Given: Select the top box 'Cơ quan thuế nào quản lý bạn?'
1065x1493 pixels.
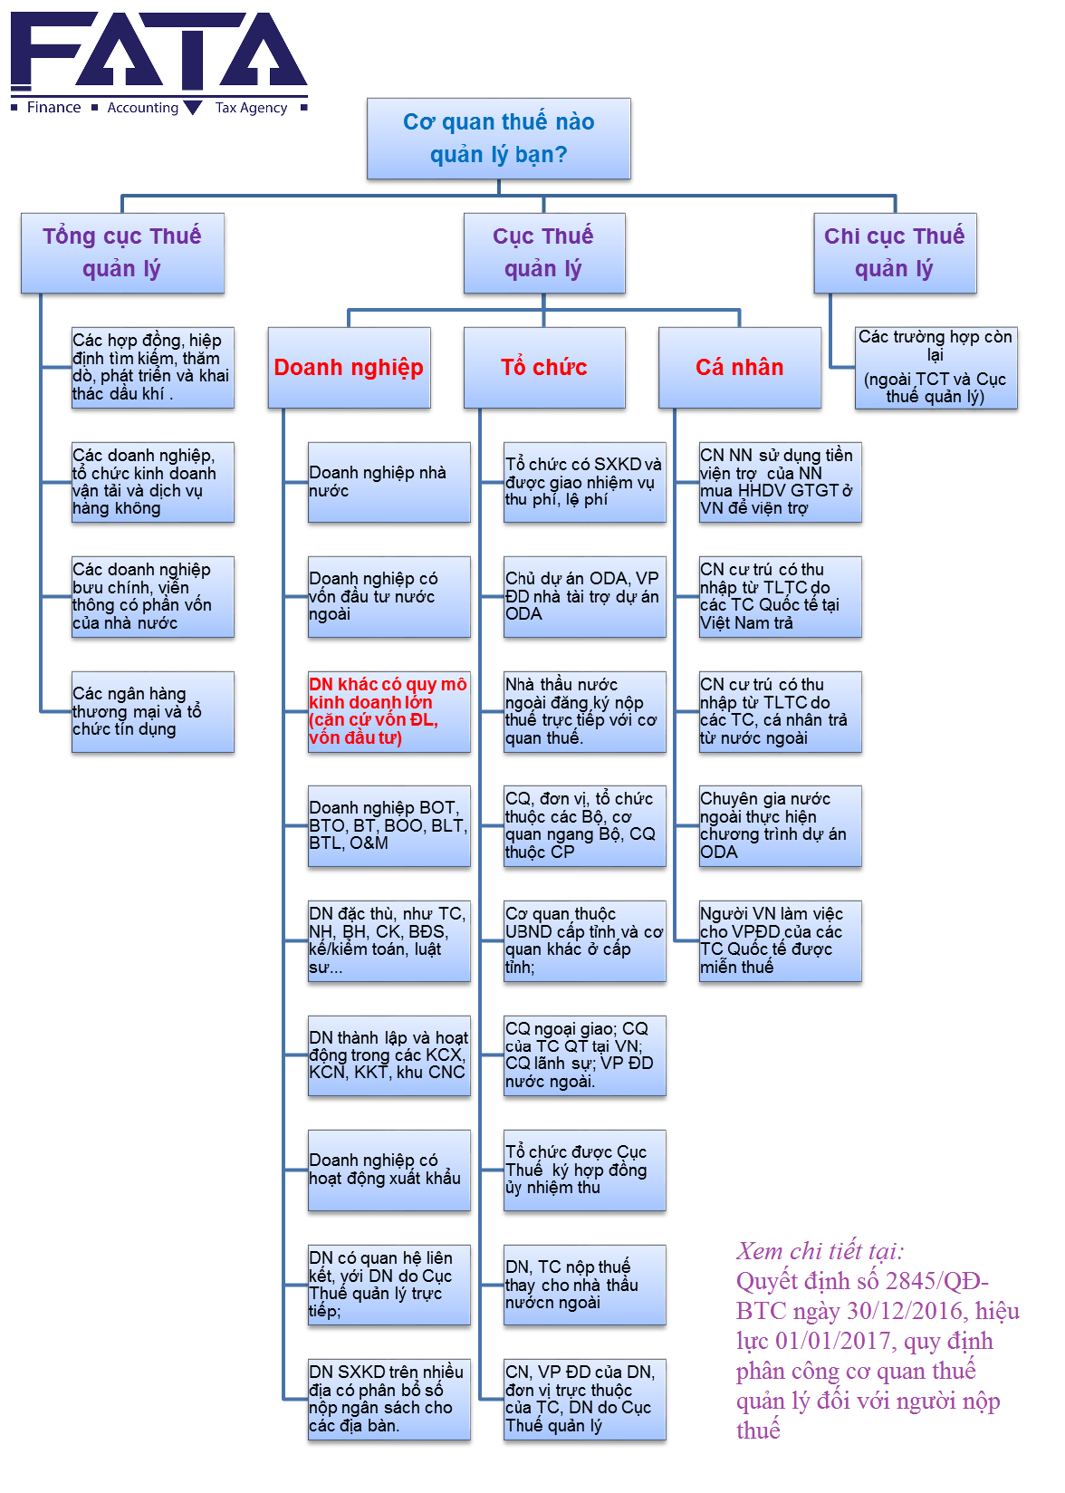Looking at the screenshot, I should point(498,139).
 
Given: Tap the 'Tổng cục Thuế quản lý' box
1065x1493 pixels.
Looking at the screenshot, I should point(122,253).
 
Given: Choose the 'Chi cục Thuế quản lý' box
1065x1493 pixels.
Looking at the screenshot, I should point(894,253).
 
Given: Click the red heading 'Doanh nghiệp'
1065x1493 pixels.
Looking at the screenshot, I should point(349,367).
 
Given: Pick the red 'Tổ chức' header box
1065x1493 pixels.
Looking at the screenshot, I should point(543,367).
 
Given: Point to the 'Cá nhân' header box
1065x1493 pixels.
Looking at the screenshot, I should point(739,367).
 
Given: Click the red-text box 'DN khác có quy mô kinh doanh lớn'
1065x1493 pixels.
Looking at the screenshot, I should point(389,711).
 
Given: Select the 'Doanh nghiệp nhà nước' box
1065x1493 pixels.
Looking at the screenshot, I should point(389,482).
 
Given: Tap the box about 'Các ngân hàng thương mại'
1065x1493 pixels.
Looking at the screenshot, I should point(152,711).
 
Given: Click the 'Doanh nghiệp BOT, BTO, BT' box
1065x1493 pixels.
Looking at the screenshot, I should point(389,825).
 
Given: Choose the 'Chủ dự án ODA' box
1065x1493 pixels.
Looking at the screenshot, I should point(584,596).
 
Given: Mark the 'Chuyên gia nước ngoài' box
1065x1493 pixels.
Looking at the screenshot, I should point(780,825).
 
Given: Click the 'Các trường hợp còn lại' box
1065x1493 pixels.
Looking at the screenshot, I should point(935,367).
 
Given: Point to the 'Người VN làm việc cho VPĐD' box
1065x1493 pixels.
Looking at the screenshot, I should point(780,940).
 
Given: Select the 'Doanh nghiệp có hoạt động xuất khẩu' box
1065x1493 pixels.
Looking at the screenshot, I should point(389,1170).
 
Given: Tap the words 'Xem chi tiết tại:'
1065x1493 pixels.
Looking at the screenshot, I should point(820,1251).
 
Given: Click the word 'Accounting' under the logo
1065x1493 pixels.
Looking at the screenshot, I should point(143,108).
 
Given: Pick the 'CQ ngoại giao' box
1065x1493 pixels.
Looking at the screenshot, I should point(584,1055).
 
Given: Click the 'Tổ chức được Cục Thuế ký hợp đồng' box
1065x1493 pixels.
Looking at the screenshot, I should point(584,1170).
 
